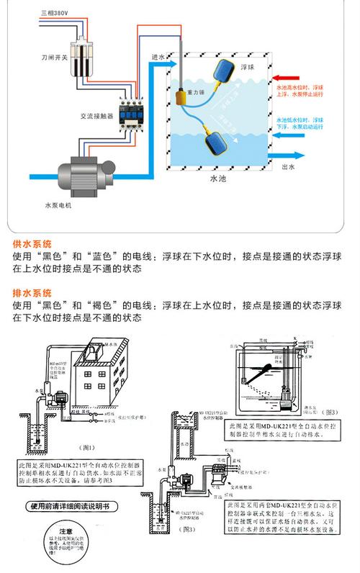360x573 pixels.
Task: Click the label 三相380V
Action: point(53,13)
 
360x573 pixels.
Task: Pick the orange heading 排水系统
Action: point(32,293)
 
